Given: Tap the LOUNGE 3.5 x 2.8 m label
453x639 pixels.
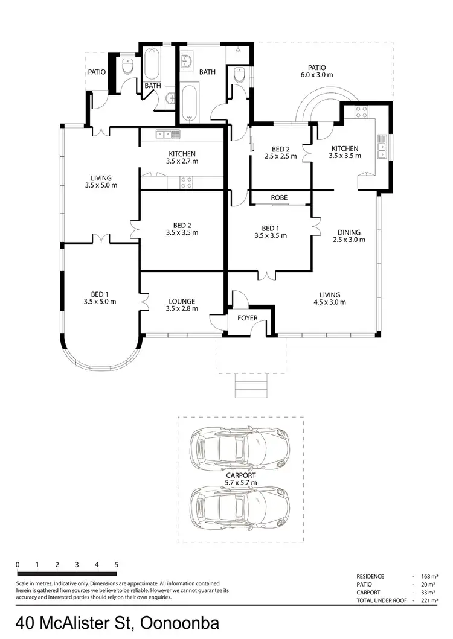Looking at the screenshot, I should pos(182,305).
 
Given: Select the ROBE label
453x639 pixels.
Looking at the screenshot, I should pos(279,198).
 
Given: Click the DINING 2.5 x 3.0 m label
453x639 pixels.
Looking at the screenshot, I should pos(349,236).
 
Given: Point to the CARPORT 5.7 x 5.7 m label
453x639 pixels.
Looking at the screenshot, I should pos(240,479).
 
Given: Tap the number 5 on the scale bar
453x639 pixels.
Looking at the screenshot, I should pos(116,565).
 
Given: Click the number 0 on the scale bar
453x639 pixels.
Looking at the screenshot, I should pos(18,565).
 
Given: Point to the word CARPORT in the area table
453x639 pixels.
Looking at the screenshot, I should pos(368,593).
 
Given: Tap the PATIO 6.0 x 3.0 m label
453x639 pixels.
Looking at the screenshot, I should pos(316,71).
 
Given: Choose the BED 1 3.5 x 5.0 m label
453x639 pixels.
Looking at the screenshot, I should pos(100,298).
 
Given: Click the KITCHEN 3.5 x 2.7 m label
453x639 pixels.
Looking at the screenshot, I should pos(182,157).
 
